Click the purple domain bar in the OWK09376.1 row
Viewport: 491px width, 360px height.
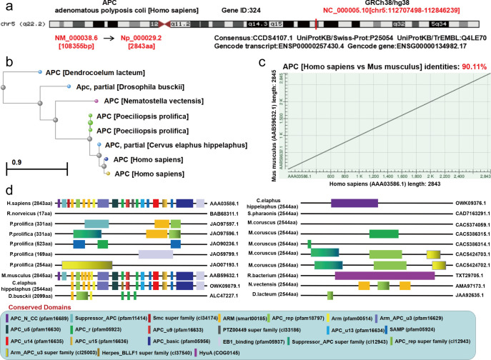(x=354, y=203)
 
